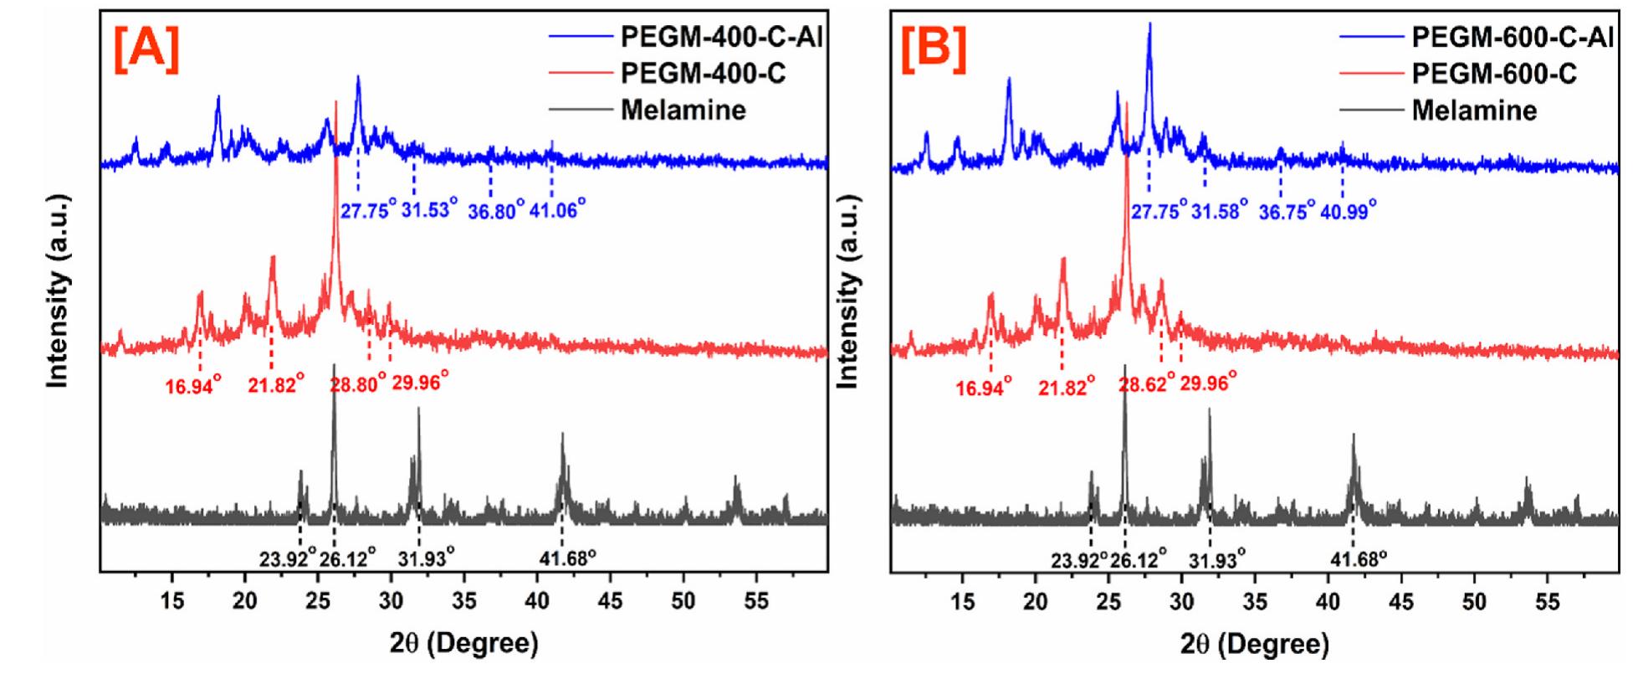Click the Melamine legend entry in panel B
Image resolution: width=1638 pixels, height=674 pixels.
1474,110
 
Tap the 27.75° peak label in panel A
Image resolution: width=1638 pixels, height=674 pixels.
367,210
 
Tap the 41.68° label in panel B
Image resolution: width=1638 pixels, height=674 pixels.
1359,557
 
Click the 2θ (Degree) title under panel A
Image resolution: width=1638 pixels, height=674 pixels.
463,644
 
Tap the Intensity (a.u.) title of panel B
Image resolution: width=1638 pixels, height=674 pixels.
848,291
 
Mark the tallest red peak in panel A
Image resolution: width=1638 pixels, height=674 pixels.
335,105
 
